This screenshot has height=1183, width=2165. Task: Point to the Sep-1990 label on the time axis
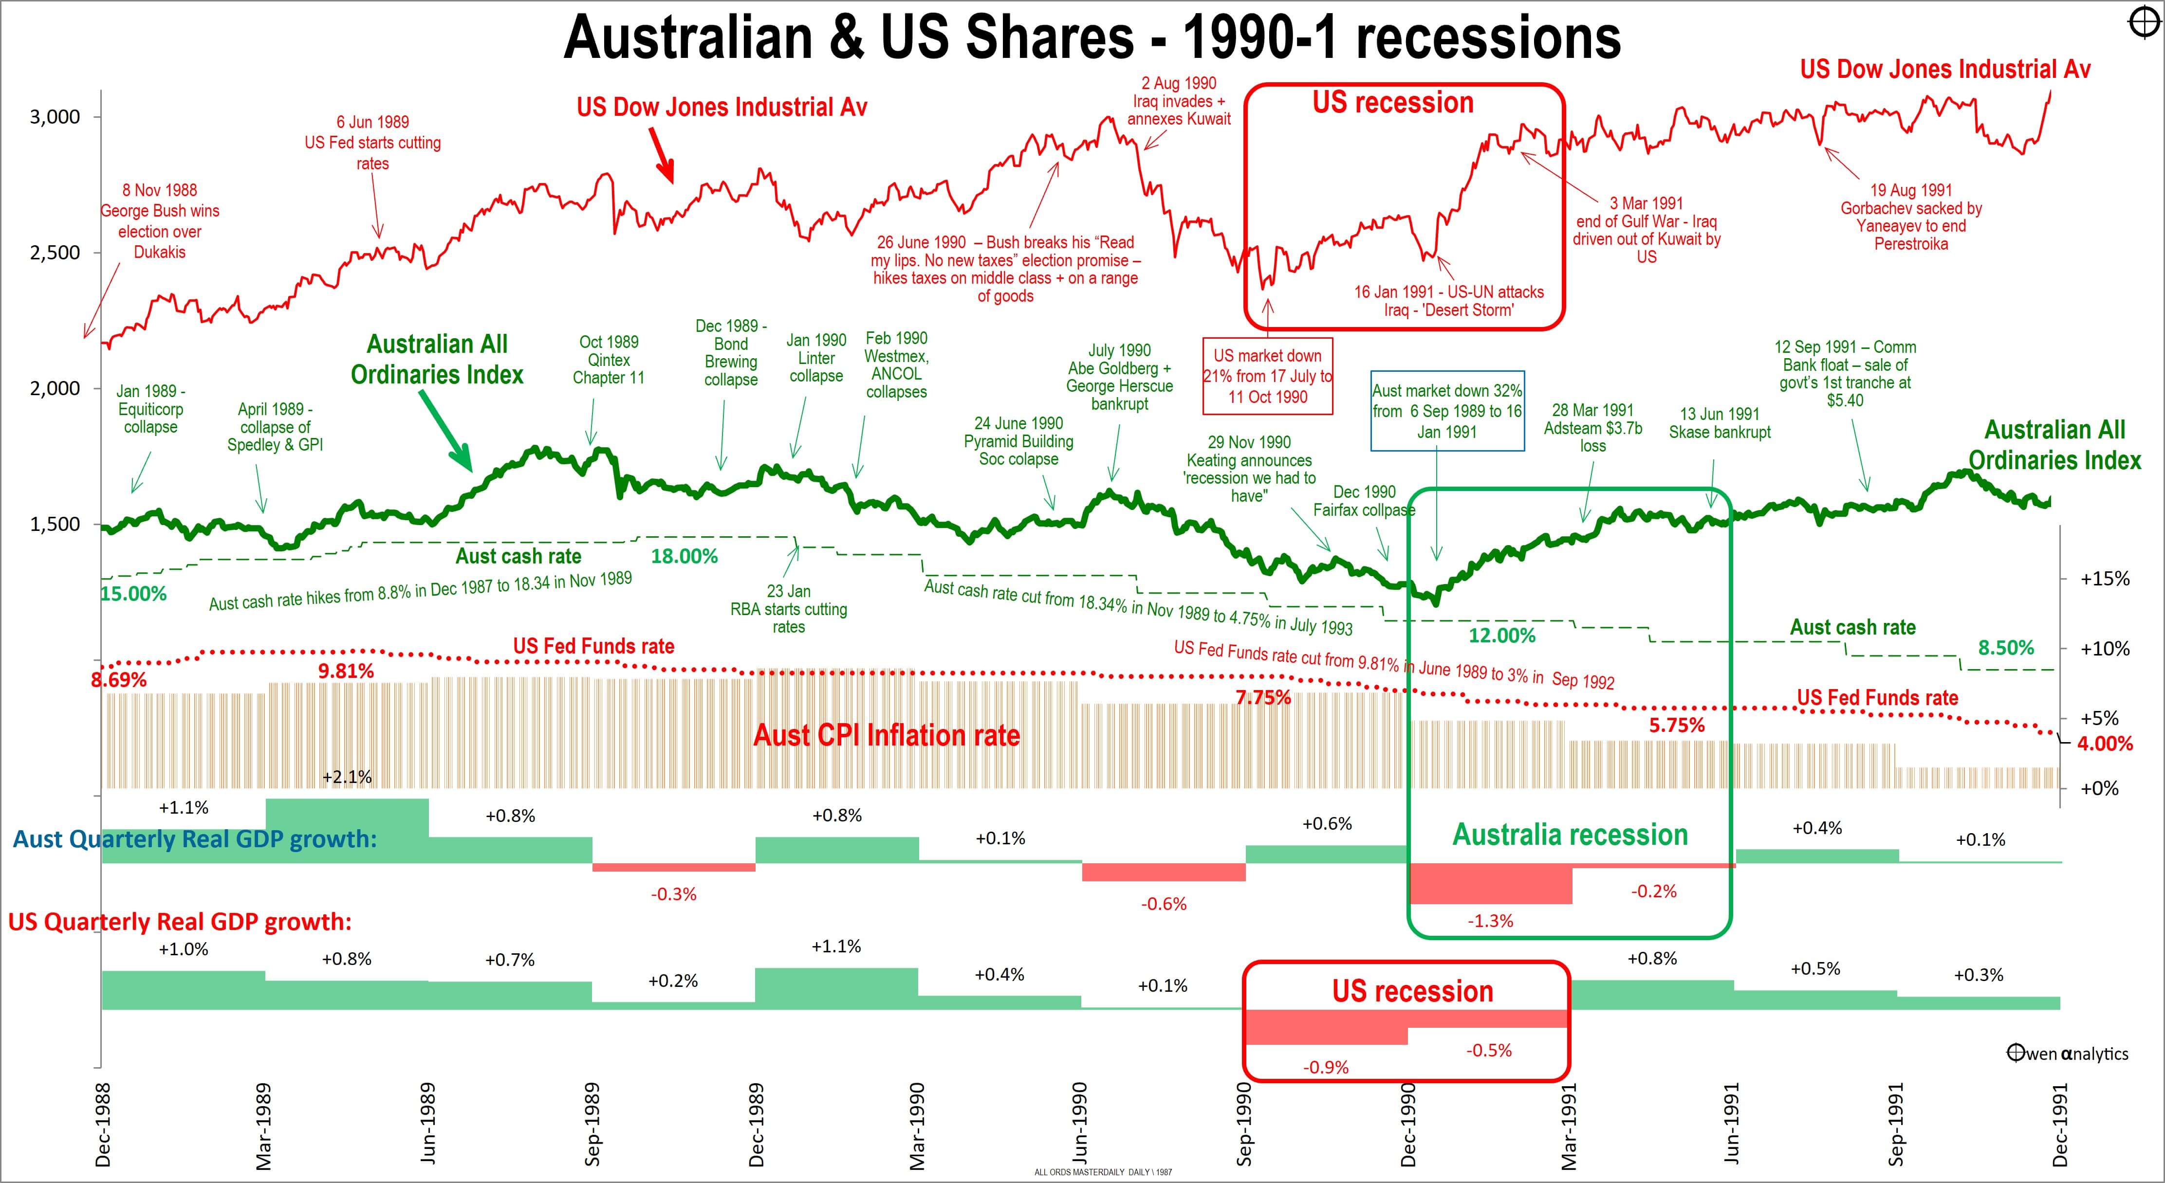[1245, 1124]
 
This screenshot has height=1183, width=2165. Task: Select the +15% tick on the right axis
[2105, 579]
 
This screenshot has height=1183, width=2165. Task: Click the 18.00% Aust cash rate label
[684, 556]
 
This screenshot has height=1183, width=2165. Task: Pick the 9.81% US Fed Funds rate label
[346, 671]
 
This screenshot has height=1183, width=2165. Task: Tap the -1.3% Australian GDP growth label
[1490, 921]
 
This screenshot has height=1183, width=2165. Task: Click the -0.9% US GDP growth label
[1325, 1067]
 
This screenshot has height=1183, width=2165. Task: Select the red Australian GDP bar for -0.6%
[1163, 872]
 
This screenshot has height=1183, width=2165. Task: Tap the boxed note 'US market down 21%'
[1267, 377]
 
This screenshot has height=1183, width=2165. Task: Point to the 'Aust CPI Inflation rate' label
[886, 735]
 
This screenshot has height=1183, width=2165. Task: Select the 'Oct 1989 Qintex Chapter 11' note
[609, 360]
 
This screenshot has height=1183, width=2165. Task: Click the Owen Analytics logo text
[2068, 1054]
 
